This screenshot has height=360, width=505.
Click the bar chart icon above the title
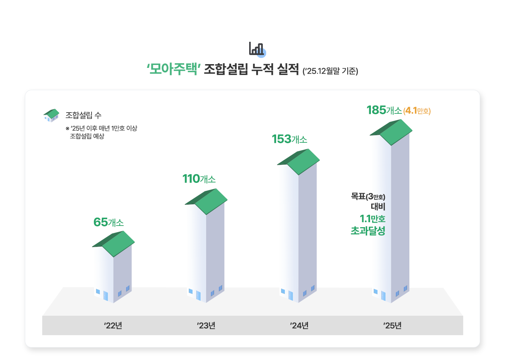click(257, 49)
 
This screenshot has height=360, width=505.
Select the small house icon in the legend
click(51, 115)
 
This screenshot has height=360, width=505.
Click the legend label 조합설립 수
click(83, 115)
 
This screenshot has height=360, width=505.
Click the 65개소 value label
click(108, 222)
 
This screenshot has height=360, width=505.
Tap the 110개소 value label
click(199, 179)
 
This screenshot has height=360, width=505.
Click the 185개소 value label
click(384, 110)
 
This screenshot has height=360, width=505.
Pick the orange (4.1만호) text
click(417, 111)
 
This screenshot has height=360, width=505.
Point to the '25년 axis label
click(392, 326)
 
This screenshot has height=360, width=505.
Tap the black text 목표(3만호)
click(368, 196)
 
